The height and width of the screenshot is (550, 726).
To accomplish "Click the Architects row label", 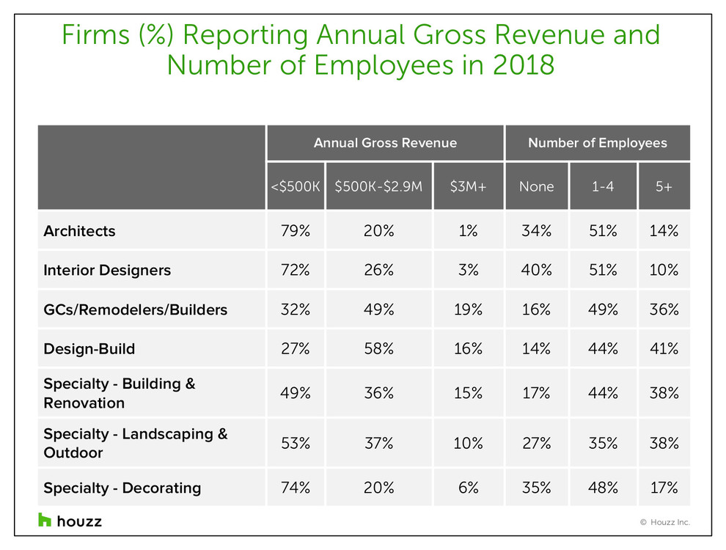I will [79, 231].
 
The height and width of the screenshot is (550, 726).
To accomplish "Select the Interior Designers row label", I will [107, 270].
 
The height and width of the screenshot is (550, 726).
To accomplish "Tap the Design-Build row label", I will [89, 349].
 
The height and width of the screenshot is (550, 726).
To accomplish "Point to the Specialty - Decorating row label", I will [122, 488].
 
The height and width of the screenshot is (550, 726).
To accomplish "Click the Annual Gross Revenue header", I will [385, 143].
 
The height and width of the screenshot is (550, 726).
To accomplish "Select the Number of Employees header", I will [597, 143].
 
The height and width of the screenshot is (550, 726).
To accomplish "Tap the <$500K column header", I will [295, 186].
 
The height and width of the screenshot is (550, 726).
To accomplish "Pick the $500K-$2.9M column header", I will [378, 186].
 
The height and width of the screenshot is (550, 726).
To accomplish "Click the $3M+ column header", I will [468, 186].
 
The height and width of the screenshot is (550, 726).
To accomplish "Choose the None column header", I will [536, 186].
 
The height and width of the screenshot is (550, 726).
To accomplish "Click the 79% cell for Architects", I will [295, 231].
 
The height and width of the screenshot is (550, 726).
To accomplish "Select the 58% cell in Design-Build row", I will [378, 349].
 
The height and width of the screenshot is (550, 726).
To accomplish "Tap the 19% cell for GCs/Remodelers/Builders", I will [468, 309].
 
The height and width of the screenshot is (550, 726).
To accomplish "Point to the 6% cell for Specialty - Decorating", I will [468, 488].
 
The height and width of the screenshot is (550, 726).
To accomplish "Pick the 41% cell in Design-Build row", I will [664, 349].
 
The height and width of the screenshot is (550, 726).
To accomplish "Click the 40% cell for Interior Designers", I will [536, 270].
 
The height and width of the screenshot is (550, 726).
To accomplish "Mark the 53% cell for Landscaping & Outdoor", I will [295, 443].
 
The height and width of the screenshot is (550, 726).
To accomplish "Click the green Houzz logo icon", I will [45, 520].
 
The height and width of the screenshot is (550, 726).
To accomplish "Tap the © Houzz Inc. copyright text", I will [664, 523].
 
